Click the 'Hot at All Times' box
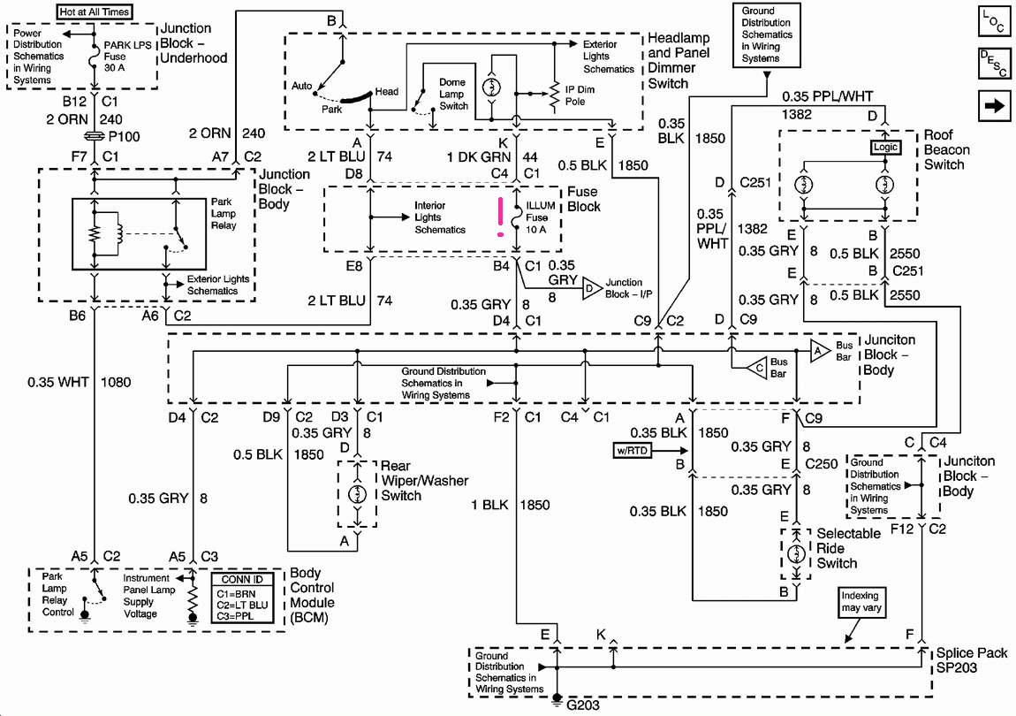tap(95, 11)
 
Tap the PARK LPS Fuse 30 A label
tap(127, 57)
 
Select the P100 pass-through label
tap(125, 136)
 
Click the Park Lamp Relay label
tap(224, 213)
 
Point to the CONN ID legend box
tap(242, 598)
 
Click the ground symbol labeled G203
tap(557, 700)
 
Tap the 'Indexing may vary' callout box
tap(861, 602)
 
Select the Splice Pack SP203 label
tap(971, 660)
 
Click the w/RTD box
tap(632, 450)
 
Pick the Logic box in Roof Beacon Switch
tap(885, 148)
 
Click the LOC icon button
tap(994, 20)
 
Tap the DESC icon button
tap(994, 64)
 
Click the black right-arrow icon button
tap(994, 106)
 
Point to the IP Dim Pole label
tap(580, 95)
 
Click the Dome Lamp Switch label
tap(453, 94)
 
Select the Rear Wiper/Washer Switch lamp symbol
tap(357, 494)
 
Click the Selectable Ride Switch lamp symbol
tap(796, 554)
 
